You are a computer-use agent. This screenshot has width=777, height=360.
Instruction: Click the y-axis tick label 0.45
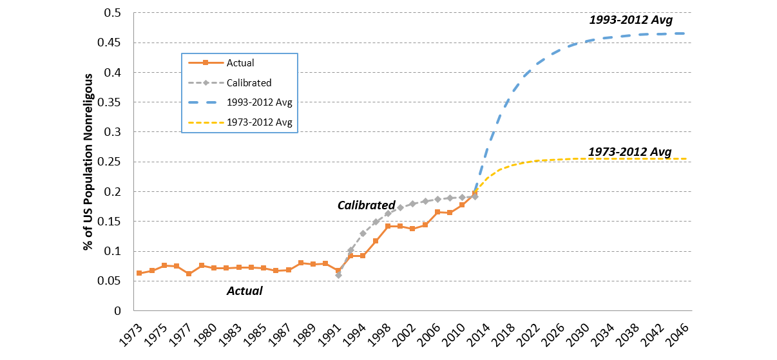pyautogui.click(x=109, y=43)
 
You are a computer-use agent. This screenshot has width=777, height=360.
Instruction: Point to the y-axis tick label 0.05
pyautogui.click(x=109, y=281)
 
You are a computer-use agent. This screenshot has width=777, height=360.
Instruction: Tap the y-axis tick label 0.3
pyautogui.click(x=112, y=132)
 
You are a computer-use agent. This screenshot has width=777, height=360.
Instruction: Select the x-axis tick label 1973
pyautogui.click(x=131, y=336)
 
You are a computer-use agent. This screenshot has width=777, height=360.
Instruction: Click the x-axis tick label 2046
pyautogui.click(x=677, y=336)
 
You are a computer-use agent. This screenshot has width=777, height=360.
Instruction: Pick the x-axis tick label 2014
pyautogui.click(x=478, y=336)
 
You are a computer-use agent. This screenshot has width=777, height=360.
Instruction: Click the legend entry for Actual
pyautogui.click(x=240, y=62)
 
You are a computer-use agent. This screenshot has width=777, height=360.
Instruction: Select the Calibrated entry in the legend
pyautogui.click(x=249, y=83)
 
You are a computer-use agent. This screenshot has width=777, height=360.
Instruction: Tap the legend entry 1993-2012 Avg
pyautogui.click(x=259, y=102)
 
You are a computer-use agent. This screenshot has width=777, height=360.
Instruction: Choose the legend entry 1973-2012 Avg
pyautogui.click(x=259, y=122)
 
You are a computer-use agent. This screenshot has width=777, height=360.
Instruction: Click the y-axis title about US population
pyautogui.click(x=88, y=162)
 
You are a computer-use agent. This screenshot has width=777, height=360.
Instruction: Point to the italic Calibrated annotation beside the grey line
pyautogui.click(x=367, y=205)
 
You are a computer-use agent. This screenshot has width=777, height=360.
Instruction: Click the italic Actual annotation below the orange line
pyautogui.click(x=245, y=290)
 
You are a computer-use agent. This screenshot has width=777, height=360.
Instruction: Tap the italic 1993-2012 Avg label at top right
pyautogui.click(x=631, y=20)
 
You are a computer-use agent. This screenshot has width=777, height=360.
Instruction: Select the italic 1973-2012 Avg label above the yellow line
pyautogui.click(x=630, y=152)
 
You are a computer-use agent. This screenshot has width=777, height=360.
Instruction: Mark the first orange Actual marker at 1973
pyautogui.click(x=139, y=273)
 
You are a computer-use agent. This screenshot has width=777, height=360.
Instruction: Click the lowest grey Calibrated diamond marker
pyautogui.click(x=338, y=275)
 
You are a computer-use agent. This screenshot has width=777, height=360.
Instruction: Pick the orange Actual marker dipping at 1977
pyautogui.click(x=189, y=274)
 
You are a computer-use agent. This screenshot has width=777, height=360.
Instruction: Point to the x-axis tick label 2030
pyautogui.click(x=577, y=336)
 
